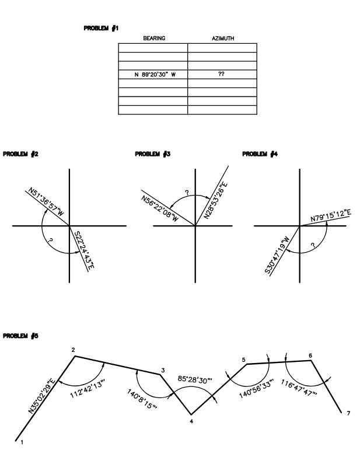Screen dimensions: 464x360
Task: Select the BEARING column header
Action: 153,39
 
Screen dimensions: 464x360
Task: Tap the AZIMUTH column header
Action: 222,39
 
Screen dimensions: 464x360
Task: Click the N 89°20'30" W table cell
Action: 153,74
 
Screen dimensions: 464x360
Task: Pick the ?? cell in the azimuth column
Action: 222,74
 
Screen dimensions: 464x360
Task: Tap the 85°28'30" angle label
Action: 197,380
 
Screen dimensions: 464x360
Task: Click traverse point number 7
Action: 348,414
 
